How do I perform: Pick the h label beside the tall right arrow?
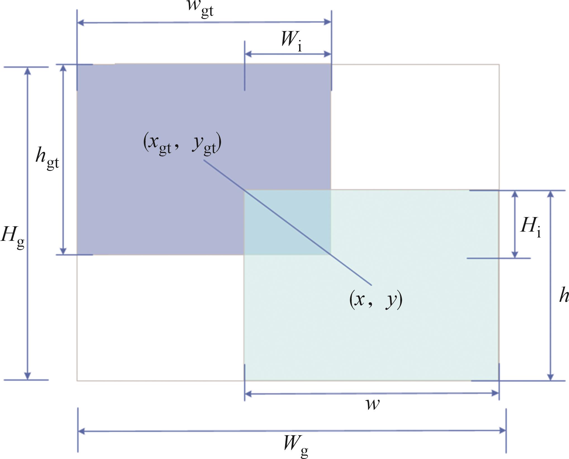(x=564, y=296)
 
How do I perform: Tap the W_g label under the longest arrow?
(x=296, y=446)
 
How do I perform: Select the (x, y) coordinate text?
(x=376, y=299)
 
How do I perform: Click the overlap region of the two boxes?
(x=287, y=222)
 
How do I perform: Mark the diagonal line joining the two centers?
(x=288, y=223)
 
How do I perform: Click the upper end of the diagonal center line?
(x=204, y=160)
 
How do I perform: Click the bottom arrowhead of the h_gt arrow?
(x=63, y=251)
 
